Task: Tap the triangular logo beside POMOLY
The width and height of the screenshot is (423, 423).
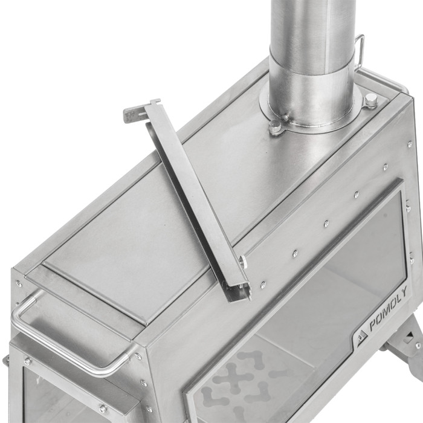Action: point(362,337)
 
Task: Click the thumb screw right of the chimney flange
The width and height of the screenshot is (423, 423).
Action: point(371,100)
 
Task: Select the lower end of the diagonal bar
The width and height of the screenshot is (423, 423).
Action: point(239,291)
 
